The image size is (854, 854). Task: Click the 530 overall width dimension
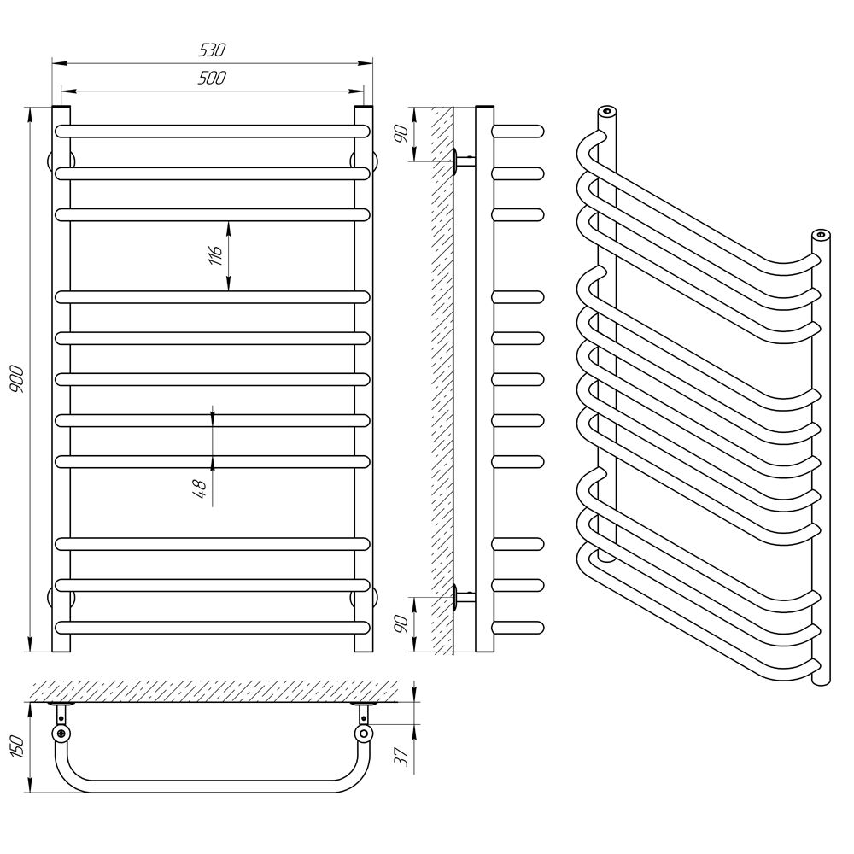point(213,51)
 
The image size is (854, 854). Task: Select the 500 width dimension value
point(213,79)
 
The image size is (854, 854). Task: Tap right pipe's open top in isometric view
point(821,234)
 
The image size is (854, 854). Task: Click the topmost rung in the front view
point(213,132)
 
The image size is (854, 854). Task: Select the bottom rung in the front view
point(213,627)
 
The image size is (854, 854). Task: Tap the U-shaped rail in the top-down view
point(213,785)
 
